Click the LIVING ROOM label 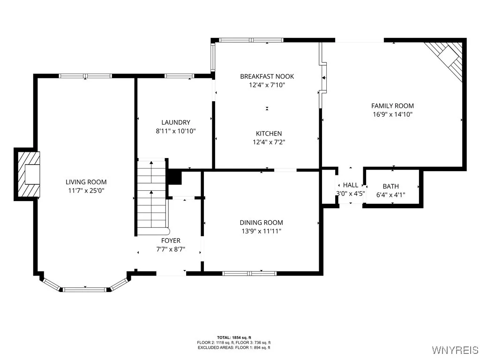[x=86, y=182]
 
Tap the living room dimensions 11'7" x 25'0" [x=86, y=191]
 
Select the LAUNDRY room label [x=175, y=122]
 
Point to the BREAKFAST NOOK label [x=267, y=76]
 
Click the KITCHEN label [x=269, y=134]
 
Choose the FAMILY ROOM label [x=392, y=106]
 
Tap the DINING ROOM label [x=261, y=223]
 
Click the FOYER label [x=171, y=241]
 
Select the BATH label [x=390, y=186]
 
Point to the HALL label [x=350, y=185]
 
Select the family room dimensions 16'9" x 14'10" [x=392, y=114]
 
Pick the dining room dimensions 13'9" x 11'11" [x=261, y=231]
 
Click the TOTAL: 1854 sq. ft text [x=234, y=337]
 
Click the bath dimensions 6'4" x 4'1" [x=390, y=195]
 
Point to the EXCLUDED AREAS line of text [x=234, y=347]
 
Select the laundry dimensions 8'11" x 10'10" [x=175, y=131]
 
